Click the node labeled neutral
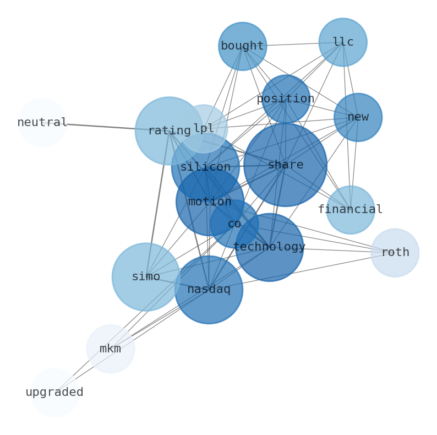tap(42, 123)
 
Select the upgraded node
tap(54, 393)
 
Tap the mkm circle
tap(111, 349)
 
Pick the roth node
tap(395, 253)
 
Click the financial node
tap(350, 210)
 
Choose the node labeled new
tap(358, 117)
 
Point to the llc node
tap(343, 42)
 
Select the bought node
tap(242, 46)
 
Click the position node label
tap(286, 99)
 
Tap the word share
tap(286, 165)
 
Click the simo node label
tap(146, 277)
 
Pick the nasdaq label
tap(209, 290)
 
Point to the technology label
tap(269, 247)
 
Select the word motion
tap(210, 202)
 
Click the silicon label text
tap(205, 167)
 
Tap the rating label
tap(169, 131)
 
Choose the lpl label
tap(204, 128)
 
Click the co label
tap(234, 224)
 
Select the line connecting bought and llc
tap(293, 44)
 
